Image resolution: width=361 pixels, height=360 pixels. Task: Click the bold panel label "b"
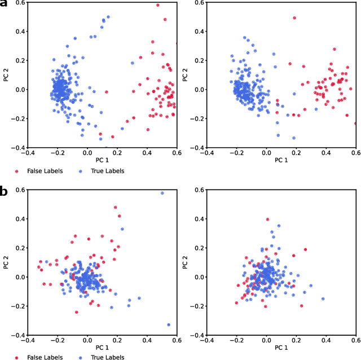click(x=4, y=191)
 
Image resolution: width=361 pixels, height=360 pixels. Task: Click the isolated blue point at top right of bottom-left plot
click(x=162, y=193)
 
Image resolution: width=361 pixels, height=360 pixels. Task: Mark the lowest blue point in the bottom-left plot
click(x=169, y=324)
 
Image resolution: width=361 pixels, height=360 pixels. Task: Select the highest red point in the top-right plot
click(x=294, y=18)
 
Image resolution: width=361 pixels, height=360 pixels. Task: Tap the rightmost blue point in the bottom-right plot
click(x=323, y=298)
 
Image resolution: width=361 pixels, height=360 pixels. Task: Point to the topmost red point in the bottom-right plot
click(x=267, y=219)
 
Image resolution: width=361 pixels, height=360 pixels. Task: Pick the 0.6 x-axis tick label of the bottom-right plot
click(x=355, y=340)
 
